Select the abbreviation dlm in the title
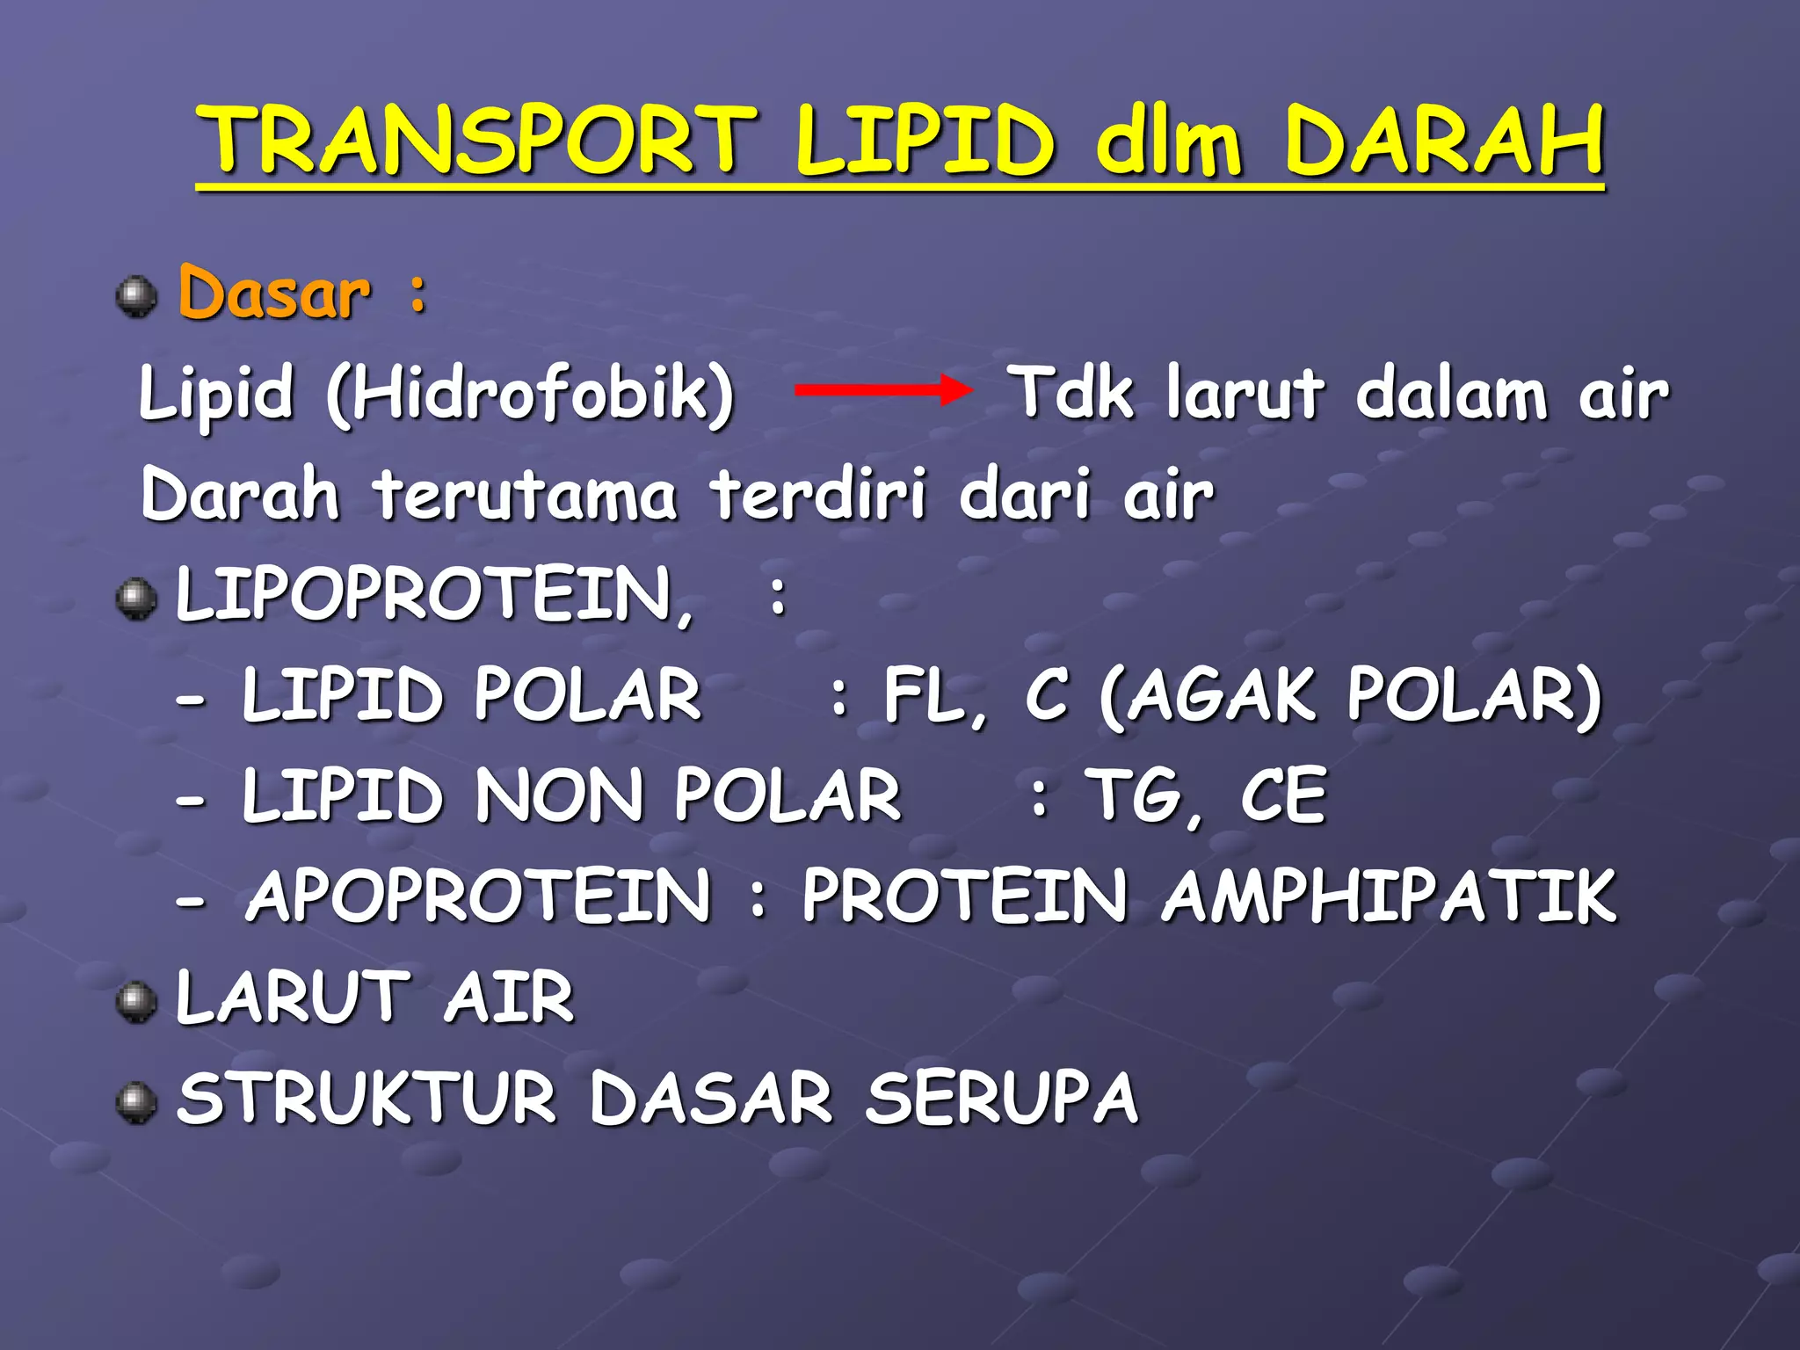click(x=1169, y=141)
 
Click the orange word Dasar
click(x=274, y=293)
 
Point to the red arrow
click(x=882, y=389)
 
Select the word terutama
click(x=525, y=495)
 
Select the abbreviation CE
click(x=1282, y=795)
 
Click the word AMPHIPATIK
click(x=1388, y=896)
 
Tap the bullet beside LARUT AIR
click(x=136, y=1003)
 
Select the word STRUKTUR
click(x=367, y=1098)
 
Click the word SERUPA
click(x=1001, y=1098)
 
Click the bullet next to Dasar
click(x=136, y=296)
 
